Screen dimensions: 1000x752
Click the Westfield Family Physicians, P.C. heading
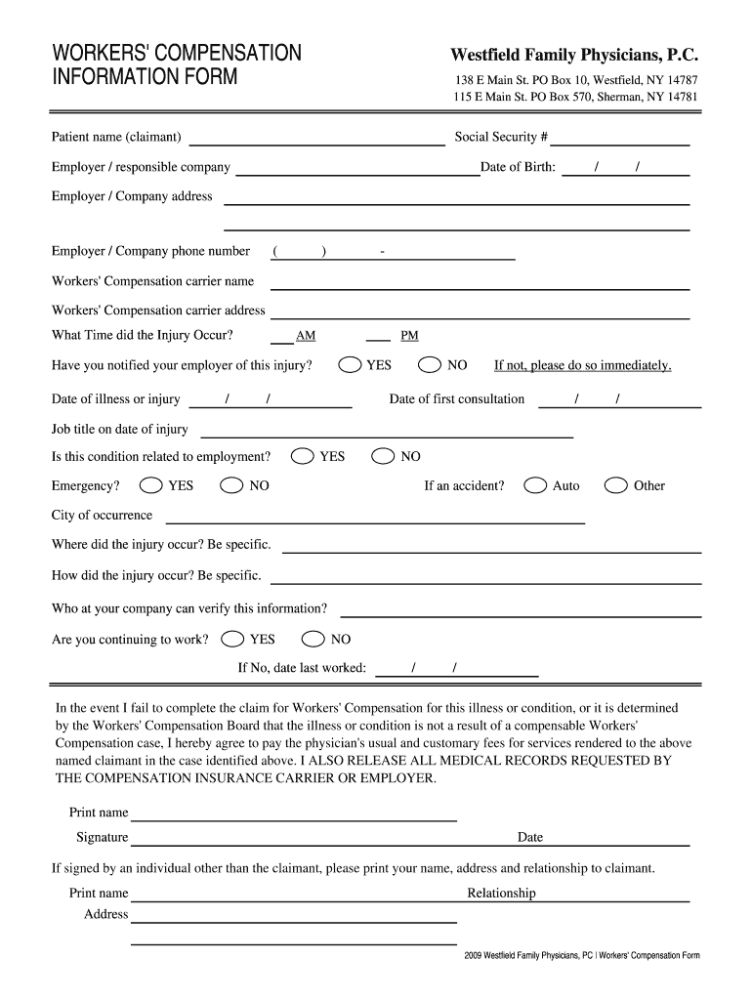(x=574, y=56)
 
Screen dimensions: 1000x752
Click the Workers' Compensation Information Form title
(x=177, y=64)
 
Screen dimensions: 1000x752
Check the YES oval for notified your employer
(x=350, y=365)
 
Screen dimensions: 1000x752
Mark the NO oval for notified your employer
(x=430, y=365)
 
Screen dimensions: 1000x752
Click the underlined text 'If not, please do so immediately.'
(x=583, y=365)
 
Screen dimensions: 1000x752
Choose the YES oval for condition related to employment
(x=303, y=456)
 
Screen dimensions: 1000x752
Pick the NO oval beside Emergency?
(x=232, y=485)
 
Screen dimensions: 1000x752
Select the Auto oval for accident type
(x=535, y=485)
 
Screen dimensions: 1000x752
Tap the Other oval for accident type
(x=616, y=485)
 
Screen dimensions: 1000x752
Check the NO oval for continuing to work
(x=313, y=640)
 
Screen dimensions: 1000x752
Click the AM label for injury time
(x=306, y=336)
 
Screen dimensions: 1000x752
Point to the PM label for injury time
(x=409, y=336)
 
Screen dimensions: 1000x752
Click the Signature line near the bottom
(x=293, y=841)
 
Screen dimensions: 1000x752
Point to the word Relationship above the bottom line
(x=501, y=894)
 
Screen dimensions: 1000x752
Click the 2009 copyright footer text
(x=582, y=955)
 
